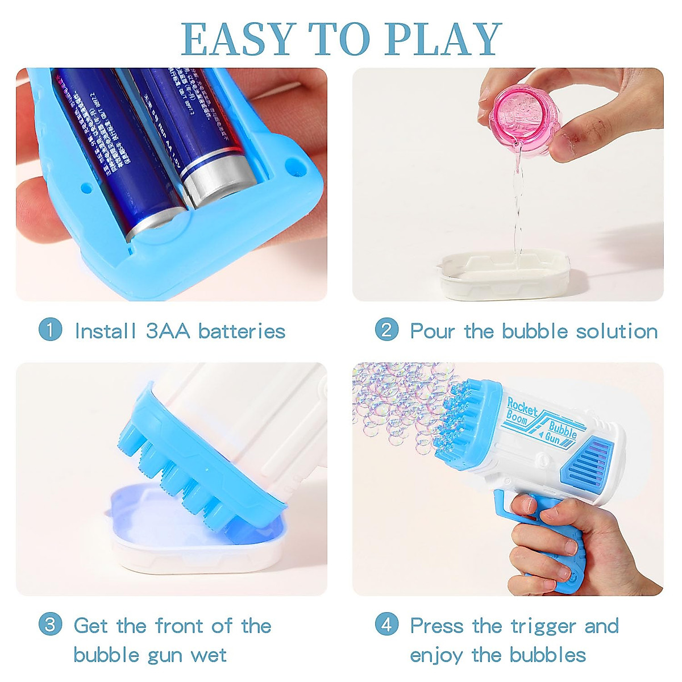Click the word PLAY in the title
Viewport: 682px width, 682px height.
[444, 39]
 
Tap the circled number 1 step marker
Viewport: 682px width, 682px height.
[50, 330]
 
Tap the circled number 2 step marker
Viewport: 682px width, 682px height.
[386, 330]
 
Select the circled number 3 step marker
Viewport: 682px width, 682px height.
[50, 625]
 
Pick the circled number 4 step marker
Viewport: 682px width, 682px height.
[386, 625]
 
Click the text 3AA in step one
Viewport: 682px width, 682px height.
[168, 331]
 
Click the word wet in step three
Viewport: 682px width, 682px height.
[209, 655]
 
